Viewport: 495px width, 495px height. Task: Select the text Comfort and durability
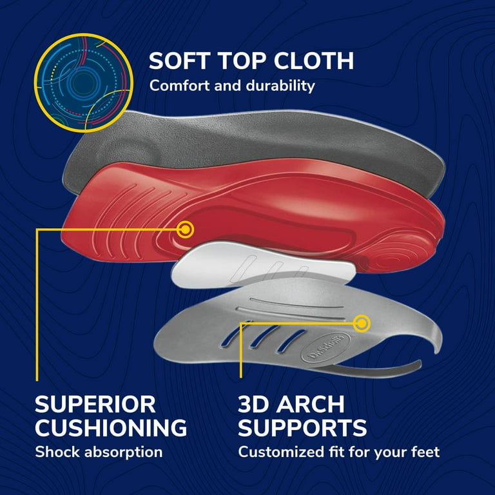(232, 85)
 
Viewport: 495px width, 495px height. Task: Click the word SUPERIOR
(95, 405)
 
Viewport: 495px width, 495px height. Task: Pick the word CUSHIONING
(111, 427)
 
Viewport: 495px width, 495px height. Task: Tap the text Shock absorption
(99, 452)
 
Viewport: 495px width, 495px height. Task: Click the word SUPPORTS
(302, 427)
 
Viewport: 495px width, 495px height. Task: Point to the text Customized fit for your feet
(339, 452)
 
